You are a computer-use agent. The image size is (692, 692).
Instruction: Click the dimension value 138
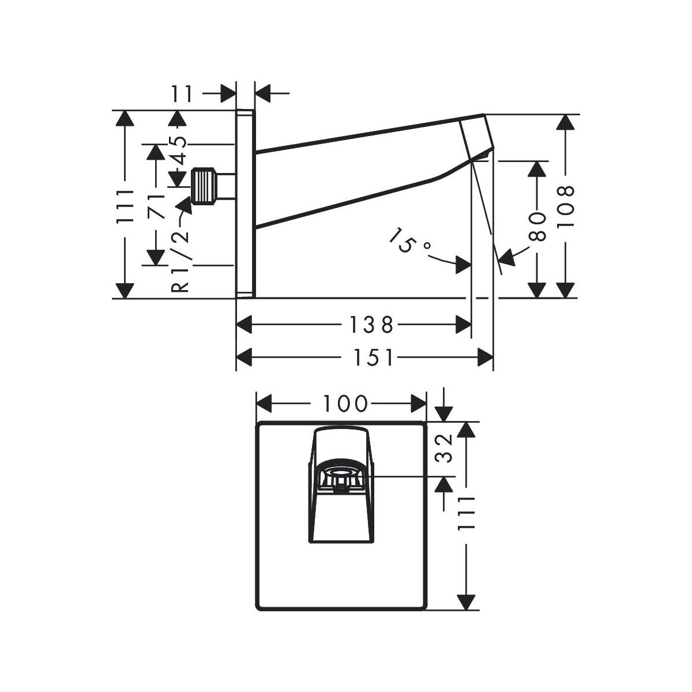point(371,325)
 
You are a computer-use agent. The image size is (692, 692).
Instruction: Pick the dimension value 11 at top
point(183,92)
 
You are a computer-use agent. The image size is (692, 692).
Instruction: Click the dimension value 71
point(155,205)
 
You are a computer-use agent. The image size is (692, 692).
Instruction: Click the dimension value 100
point(344,404)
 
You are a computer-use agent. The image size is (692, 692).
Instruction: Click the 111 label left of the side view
point(125,205)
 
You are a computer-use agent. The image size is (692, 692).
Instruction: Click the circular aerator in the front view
point(341,477)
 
